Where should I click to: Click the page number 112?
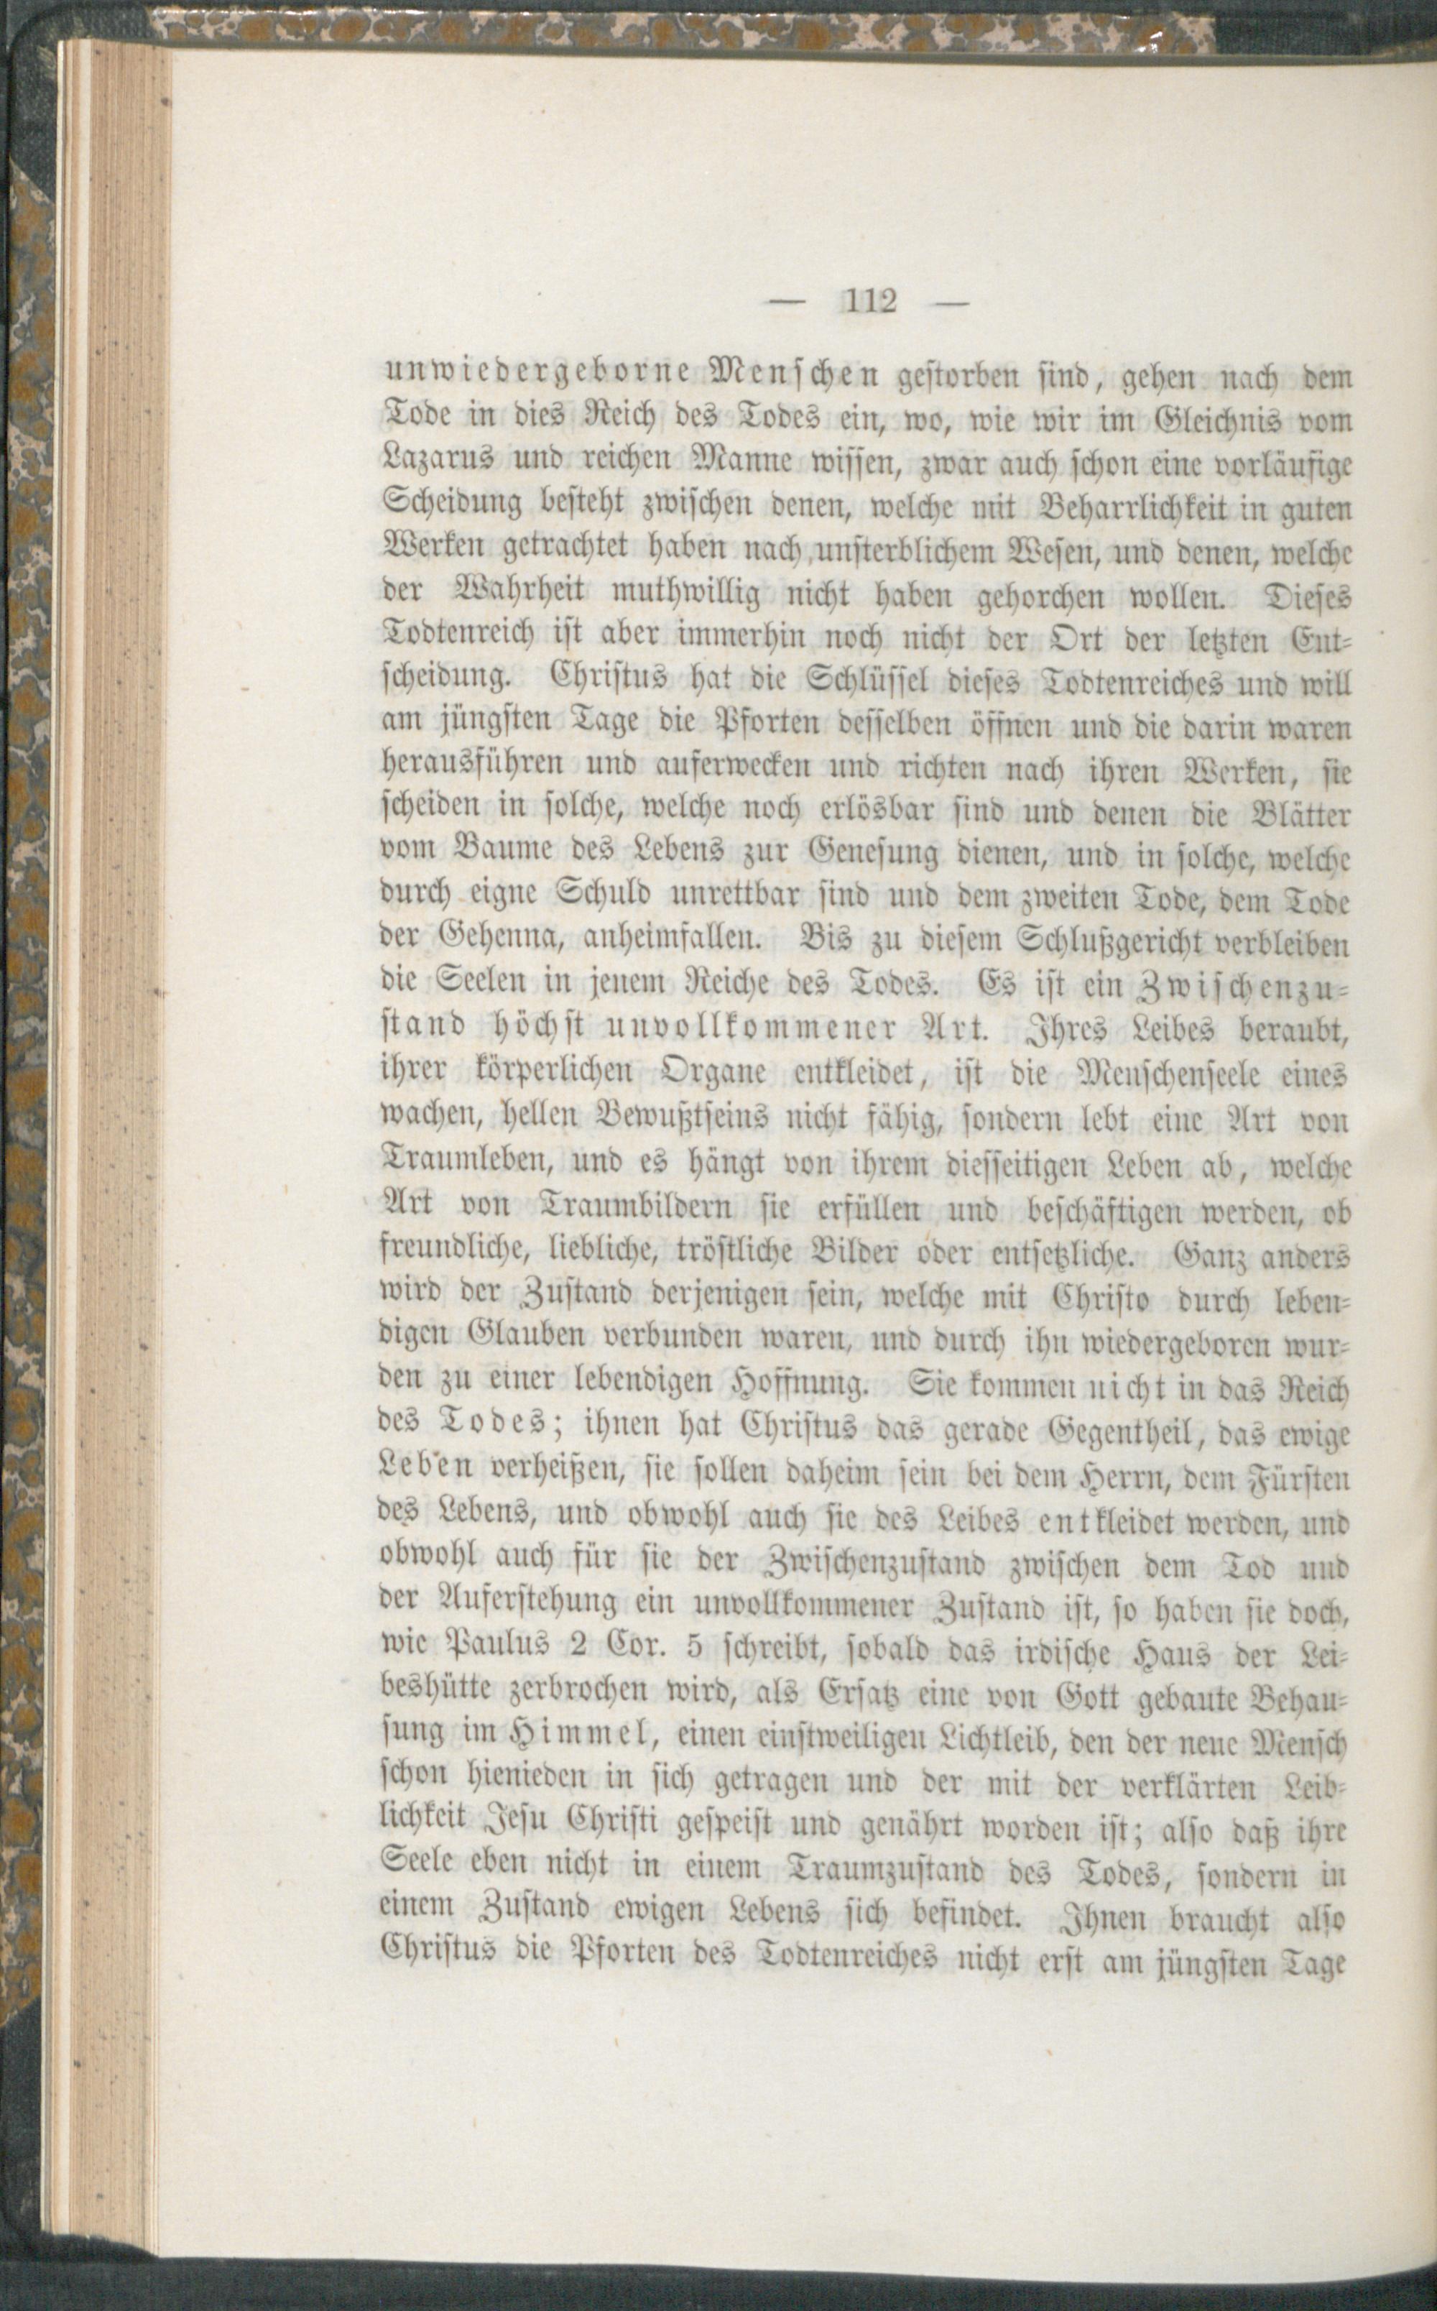pyautogui.click(x=869, y=303)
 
